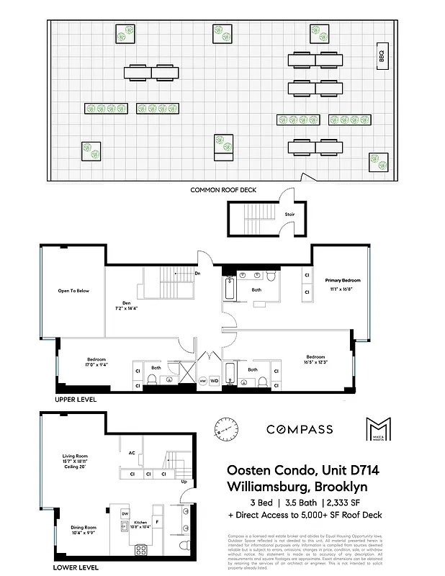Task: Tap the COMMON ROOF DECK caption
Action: point(223,190)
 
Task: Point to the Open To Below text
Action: point(73,291)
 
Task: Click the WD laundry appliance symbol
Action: point(214,380)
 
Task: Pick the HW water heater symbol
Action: point(202,380)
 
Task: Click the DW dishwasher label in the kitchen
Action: point(124,513)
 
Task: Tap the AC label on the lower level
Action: point(131,453)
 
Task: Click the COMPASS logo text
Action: point(300,430)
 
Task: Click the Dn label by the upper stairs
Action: point(198,274)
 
